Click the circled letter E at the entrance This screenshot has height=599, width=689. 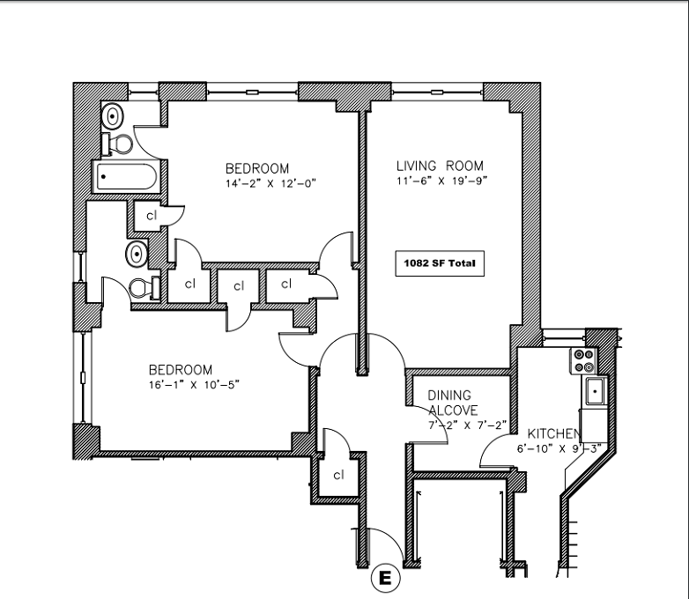pyautogui.click(x=384, y=579)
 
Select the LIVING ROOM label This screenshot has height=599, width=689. pyautogui.click(x=440, y=166)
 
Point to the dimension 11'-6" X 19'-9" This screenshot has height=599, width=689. pyautogui.click(x=441, y=181)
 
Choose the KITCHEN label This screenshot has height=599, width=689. pyautogui.click(x=553, y=434)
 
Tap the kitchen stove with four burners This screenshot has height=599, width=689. pyautogui.click(x=585, y=359)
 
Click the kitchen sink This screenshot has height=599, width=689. pyautogui.click(x=595, y=389)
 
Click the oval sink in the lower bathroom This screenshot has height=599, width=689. pyautogui.click(x=136, y=254)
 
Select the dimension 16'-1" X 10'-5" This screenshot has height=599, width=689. pyautogui.click(x=194, y=384)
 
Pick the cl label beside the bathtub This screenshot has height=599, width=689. pyautogui.click(x=152, y=215)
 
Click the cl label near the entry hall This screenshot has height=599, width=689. pyautogui.click(x=338, y=474)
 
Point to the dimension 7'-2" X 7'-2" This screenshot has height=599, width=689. pyautogui.click(x=467, y=425)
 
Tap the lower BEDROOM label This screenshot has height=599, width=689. pyautogui.click(x=181, y=369)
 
